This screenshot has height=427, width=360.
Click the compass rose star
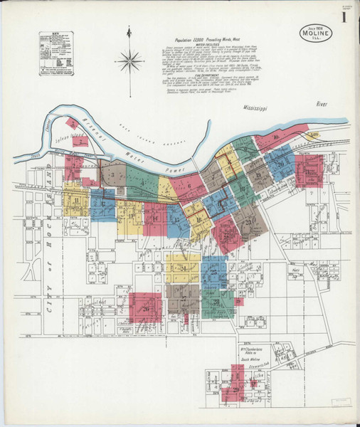click(129, 60)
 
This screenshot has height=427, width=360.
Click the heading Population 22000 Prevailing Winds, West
click(214, 41)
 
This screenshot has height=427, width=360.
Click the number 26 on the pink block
click(146, 308)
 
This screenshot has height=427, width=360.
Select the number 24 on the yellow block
click(183, 268)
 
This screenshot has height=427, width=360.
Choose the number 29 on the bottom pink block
click(235, 389)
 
